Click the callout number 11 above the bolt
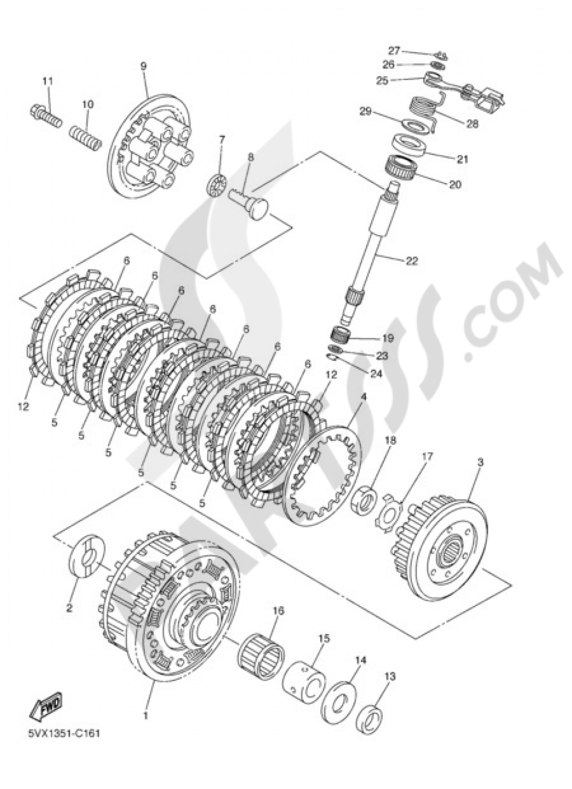tap(47, 81)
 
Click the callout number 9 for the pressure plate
tap(143, 66)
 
